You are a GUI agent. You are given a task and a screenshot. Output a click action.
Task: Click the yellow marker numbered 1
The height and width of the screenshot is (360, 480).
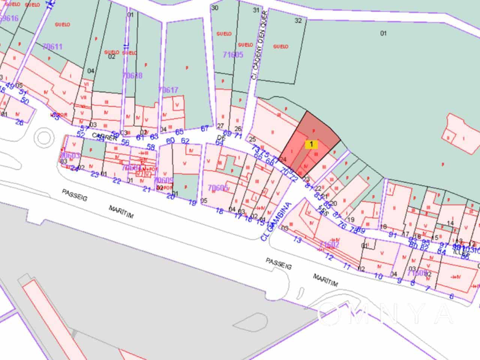pyautogui.click(x=311, y=144)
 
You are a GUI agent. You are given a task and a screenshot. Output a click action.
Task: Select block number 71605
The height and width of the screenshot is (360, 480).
pyautogui.click(x=233, y=55)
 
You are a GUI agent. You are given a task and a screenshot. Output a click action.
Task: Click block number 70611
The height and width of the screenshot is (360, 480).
pyautogui.click(x=52, y=47)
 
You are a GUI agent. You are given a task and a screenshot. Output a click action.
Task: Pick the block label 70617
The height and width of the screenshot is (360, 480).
pyautogui.click(x=168, y=90)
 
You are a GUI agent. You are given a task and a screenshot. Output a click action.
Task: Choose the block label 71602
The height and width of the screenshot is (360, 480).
pyautogui.click(x=329, y=245)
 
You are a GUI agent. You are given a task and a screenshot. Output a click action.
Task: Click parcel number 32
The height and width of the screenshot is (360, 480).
pyautogui.click(x=298, y=21)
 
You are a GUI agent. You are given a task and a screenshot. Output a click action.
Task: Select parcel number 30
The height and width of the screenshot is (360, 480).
pyautogui.click(x=215, y=7)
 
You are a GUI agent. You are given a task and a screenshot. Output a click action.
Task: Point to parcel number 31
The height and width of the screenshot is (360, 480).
pyautogui.click(x=256, y=10)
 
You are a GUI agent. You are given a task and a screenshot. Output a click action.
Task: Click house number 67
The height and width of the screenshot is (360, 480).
pyautogui.click(x=205, y=129)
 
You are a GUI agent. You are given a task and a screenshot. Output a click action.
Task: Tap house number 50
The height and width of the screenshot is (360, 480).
pyautogui.click(x=25, y=100)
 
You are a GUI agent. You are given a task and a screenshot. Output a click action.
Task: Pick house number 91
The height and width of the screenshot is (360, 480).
pyautogui.click(x=393, y=235)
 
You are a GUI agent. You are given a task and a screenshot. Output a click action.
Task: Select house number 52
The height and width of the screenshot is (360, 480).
pyautogui.click(x=80, y=134)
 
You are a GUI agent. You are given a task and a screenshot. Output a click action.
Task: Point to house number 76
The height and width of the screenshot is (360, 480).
pyautogui.click(x=342, y=225)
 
